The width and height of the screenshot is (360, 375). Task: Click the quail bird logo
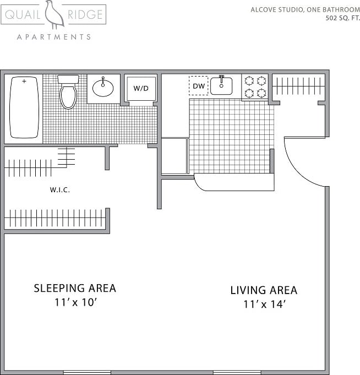click(54, 14)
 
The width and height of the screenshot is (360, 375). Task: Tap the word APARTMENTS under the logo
click(54, 37)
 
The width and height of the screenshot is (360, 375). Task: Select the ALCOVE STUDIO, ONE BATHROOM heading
click(301, 9)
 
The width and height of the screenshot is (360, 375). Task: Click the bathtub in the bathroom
click(24, 107)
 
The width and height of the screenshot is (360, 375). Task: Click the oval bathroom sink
click(103, 88)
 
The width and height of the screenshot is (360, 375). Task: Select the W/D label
click(141, 88)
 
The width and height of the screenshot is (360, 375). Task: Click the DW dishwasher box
click(199, 86)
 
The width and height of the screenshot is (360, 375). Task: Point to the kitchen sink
click(221, 85)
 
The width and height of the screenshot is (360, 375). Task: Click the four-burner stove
click(255, 86)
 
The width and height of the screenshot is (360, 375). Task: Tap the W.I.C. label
click(59, 190)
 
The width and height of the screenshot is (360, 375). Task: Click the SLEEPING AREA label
click(75, 288)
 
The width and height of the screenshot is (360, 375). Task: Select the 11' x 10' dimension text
click(76, 302)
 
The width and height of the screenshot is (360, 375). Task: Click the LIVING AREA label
click(264, 290)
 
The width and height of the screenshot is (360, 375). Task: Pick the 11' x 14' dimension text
click(264, 305)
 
